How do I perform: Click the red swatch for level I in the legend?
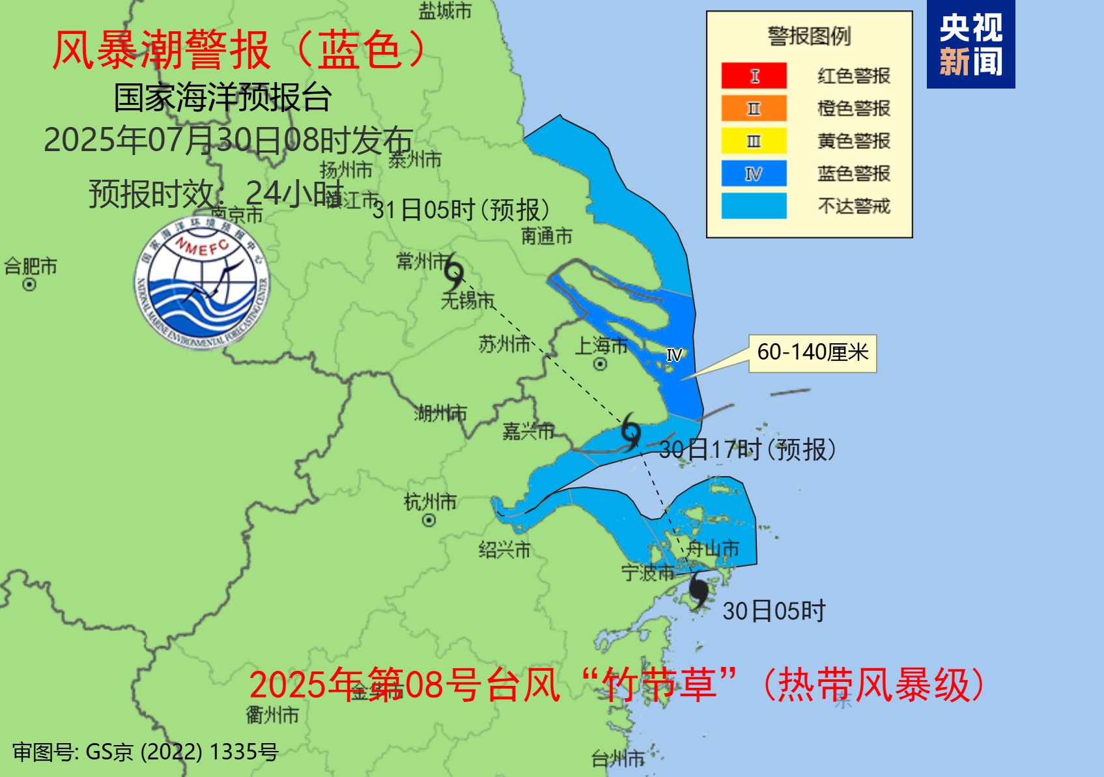coord(754,76)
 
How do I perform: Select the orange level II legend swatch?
coord(754,108)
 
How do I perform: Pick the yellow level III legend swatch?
coord(754,141)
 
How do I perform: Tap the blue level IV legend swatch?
coord(754,173)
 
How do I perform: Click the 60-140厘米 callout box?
coord(812,353)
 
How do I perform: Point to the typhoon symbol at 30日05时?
coord(698,590)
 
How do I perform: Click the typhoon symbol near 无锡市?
coord(454,273)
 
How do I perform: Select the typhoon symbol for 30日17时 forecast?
coord(630,431)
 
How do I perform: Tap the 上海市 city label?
coord(601,345)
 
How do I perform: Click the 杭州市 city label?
coord(430,502)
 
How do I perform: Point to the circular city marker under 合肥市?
coord(29,285)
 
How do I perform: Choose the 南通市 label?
coord(546,236)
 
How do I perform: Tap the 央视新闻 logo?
coord(970,45)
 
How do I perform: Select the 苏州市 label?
coord(505,344)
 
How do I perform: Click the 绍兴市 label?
coord(504,550)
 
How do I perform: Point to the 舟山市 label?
coord(713,548)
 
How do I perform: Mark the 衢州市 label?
coord(272,714)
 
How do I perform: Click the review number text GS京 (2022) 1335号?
coord(146,752)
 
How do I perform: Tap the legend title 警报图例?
coord(809,36)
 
